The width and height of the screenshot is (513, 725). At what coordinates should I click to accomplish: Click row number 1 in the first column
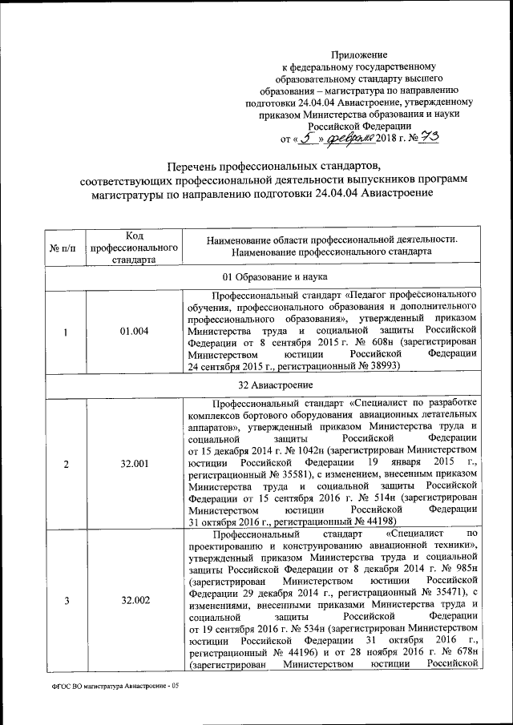pyautogui.click(x=63, y=332)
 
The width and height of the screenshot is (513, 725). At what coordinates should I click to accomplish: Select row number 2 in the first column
pyautogui.click(x=63, y=464)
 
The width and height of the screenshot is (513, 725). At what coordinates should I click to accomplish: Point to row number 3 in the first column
pyautogui.click(x=63, y=601)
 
